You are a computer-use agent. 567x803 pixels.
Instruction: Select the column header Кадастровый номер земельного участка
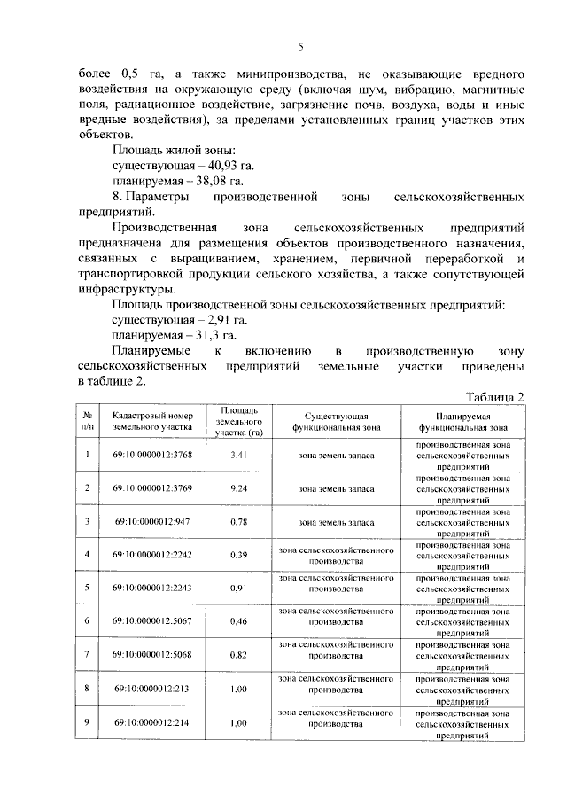pyautogui.click(x=152, y=420)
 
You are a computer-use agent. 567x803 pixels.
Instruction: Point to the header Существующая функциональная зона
pyautogui.click(x=336, y=420)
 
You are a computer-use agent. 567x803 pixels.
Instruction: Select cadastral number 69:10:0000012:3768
pyautogui.click(x=152, y=455)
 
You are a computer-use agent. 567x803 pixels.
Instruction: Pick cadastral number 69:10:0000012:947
pyautogui.click(x=152, y=521)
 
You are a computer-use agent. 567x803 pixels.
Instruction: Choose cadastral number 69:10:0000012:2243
pyautogui.click(x=152, y=588)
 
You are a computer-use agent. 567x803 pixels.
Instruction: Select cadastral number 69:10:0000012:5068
pyautogui.click(x=152, y=654)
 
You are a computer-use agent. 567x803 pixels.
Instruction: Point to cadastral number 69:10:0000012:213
pyautogui.click(x=152, y=688)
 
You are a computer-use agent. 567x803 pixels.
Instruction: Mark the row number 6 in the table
pyautogui.click(x=88, y=621)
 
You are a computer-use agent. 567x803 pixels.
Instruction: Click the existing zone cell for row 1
pyautogui.click(x=336, y=455)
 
